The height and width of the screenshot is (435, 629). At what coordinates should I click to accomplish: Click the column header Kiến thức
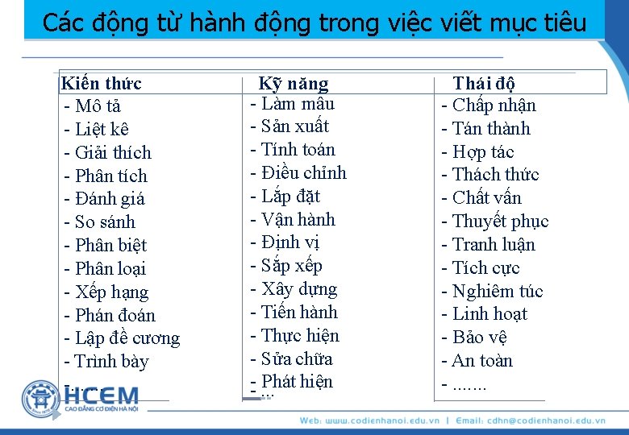[x=102, y=84]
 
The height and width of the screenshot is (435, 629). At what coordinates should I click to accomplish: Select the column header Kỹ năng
[x=294, y=84]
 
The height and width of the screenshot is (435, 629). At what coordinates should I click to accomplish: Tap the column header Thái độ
[x=484, y=84]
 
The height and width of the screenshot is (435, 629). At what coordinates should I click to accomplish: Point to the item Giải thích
[x=112, y=153]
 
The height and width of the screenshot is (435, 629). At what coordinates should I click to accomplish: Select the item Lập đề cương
[x=127, y=338]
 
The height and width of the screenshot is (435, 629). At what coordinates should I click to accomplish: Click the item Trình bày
[x=111, y=362]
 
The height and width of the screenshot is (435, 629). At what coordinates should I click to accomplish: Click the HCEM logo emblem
[x=41, y=399]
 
